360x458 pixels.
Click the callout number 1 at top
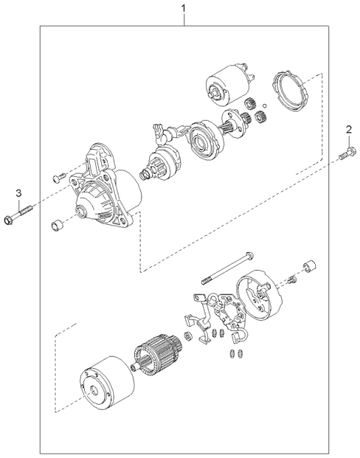pyautogui.click(x=184, y=8)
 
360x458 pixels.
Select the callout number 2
pyautogui.click(x=349, y=130)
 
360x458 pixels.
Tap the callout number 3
pyautogui.click(x=19, y=193)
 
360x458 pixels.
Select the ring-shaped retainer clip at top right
pyautogui.click(x=289, y=91)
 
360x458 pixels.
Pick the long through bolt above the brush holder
pyautogui.click(x=227, y=268)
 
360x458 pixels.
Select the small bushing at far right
pyautogui.click(x=310, y=265)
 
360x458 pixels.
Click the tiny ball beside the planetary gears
pyautogui.click(x=265, y=105)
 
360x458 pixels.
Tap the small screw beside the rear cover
pyautogui.click(x=292, y=280)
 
